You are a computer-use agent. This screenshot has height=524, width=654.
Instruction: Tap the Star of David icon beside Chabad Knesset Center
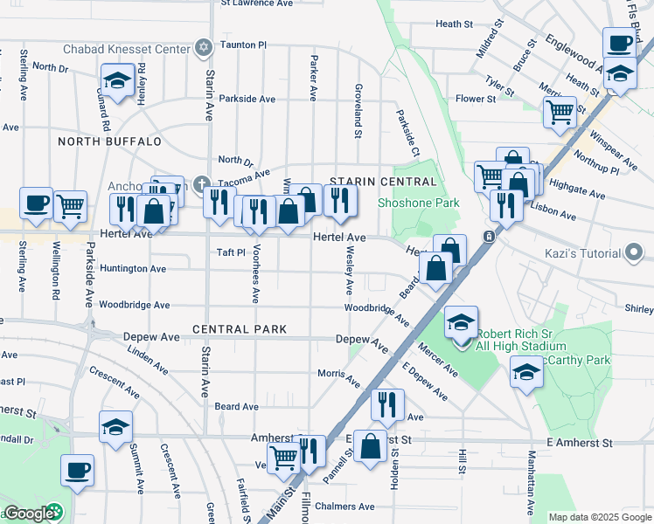tap(204, 45)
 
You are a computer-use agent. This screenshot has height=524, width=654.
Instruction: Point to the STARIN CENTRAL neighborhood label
tap(383, 182)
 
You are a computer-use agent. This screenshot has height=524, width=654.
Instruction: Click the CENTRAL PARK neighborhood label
tap(240, 330)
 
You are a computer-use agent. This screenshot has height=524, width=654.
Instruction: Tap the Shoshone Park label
tap(406, 203)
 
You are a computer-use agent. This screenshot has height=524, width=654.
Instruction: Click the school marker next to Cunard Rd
tap(116, 81)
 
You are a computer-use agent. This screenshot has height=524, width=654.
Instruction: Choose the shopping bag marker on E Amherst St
tap(371, 446)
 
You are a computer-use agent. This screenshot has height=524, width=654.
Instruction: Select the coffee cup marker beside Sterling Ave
tap(36, 203)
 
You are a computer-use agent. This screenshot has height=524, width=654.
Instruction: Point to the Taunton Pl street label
tap(243, 45)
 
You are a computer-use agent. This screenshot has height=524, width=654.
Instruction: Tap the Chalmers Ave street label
tap(346, 507)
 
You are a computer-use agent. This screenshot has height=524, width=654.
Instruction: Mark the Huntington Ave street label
tap(132, 269)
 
